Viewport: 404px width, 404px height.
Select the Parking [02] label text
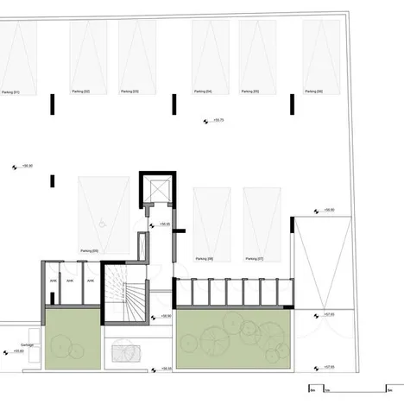pos(93,91)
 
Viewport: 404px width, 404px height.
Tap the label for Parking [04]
pos(203,91)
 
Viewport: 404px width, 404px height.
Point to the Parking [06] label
pos(313,91)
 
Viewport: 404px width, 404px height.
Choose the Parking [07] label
pos(253,258)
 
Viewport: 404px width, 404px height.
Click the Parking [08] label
pos(204,258)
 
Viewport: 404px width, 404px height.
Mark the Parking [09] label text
pos(89,250)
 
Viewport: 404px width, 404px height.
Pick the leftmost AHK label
pos(54,280)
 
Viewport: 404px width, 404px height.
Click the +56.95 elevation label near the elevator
pos(164,224)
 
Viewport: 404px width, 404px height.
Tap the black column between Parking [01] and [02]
pos(53,104)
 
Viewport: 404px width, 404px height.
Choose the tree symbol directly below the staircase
pos(125,353)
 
